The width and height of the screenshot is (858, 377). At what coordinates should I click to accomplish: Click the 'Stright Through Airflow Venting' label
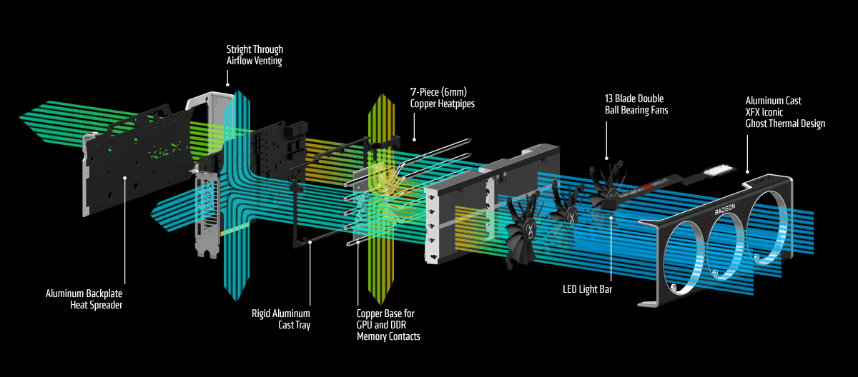(x=255, y=55)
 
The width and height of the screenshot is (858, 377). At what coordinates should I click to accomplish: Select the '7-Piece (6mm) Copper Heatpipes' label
(x=441, y=99)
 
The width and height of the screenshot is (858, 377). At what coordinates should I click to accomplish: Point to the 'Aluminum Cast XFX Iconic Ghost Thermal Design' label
(x=785, y=112)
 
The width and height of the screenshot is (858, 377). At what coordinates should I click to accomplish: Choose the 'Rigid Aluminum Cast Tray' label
(x=281, y=318)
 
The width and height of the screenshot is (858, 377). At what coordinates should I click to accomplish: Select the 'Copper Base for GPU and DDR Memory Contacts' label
(x=388, y=324)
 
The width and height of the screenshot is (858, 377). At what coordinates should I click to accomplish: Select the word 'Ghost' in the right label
(x=759, y=124)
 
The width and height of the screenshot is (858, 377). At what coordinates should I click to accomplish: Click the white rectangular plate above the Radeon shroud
(x=719, y=171)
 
